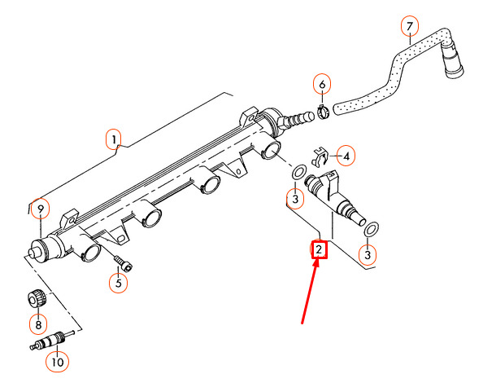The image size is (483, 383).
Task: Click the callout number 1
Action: click(114, 139)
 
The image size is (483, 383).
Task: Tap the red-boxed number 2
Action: click(319, 249)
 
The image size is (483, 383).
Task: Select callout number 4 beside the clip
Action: click(346, 156)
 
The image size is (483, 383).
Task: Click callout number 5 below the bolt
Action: click(119, 283)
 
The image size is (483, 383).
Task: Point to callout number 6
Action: click(322, 84)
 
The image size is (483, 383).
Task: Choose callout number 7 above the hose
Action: click(409, 26)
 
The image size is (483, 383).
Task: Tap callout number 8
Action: click(38, 324)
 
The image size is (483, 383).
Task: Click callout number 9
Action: click(41, 209)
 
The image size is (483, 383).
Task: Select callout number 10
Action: click(57, 362)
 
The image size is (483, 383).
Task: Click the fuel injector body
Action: click(334, 196)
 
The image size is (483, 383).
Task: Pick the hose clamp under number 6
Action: click(323, 112)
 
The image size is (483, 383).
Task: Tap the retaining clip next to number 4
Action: click(320, 156)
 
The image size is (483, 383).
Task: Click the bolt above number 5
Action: click(123, 263)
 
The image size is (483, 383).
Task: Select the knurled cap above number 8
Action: click(37, 299)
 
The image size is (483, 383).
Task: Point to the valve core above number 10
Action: click(52, 340)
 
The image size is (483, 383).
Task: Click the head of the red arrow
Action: click(315, 262)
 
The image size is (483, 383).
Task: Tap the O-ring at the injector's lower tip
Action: click(371, 229)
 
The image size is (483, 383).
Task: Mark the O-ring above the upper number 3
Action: click(298, 172)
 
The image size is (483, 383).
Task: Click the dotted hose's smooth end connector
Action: click(453, 59)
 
